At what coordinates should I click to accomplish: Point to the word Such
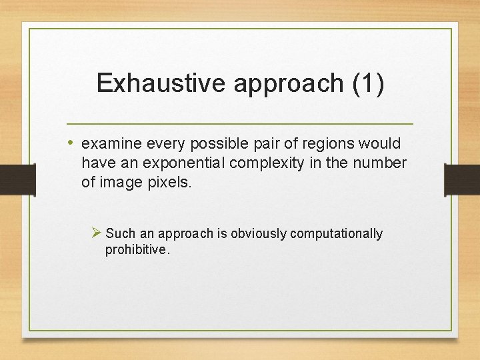(x=120, y=233)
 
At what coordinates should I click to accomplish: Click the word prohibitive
(x=137, y=250)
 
